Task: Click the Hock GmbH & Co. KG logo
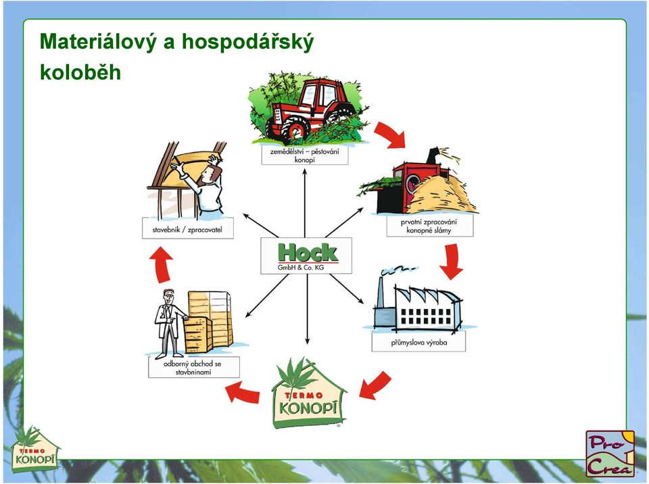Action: coord(306,256)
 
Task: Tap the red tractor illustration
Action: coord(309,108)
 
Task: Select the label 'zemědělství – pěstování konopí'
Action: coord(305,155)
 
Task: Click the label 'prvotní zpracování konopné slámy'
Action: coord(430,226)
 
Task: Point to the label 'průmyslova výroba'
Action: coord(418,343)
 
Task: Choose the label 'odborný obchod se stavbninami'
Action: coord(194,368)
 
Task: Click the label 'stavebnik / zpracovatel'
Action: coord(187,229)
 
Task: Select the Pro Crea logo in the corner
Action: coord(610,454)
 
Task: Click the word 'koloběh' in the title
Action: coord(80,72)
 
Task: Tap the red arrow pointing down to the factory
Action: coord(451,262)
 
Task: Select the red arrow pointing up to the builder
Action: coord(162,265)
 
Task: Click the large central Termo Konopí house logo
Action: coord(308,393)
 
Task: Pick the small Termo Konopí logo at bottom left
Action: coord(34,450)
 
